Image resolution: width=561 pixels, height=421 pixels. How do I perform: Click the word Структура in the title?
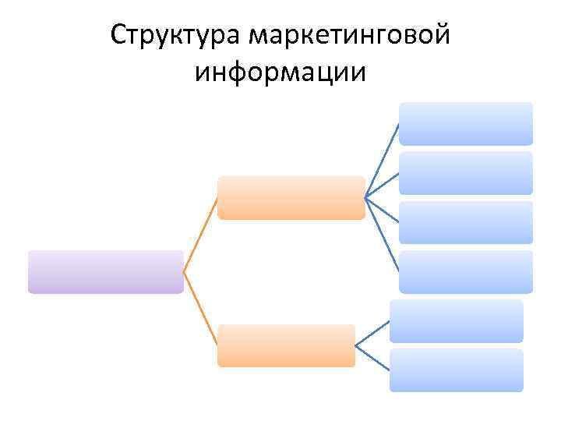click(175, 36)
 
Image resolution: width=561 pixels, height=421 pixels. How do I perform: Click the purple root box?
click(105, 271)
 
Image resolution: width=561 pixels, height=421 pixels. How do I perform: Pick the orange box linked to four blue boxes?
click(291, 197)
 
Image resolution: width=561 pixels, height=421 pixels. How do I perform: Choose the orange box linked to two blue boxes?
click(286, 345)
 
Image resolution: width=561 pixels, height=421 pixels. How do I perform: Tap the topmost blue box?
click(466, 123)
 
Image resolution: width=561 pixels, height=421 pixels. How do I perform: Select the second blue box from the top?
click(466, 172)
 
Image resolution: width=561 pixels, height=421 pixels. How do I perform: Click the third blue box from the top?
click(466, 222)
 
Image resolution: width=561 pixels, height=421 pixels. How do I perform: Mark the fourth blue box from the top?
click(466, 271)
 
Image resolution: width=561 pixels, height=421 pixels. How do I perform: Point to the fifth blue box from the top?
click(457, 321)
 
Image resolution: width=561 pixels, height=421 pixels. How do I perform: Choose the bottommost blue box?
click(457, 370)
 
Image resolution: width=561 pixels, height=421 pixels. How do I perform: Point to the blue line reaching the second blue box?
click(383, 185)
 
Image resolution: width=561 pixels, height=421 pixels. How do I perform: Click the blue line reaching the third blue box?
click(383, 208)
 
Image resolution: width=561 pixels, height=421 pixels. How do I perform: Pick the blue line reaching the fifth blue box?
click(372, 334)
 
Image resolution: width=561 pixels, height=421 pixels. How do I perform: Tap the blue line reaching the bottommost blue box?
click(372, 357)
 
